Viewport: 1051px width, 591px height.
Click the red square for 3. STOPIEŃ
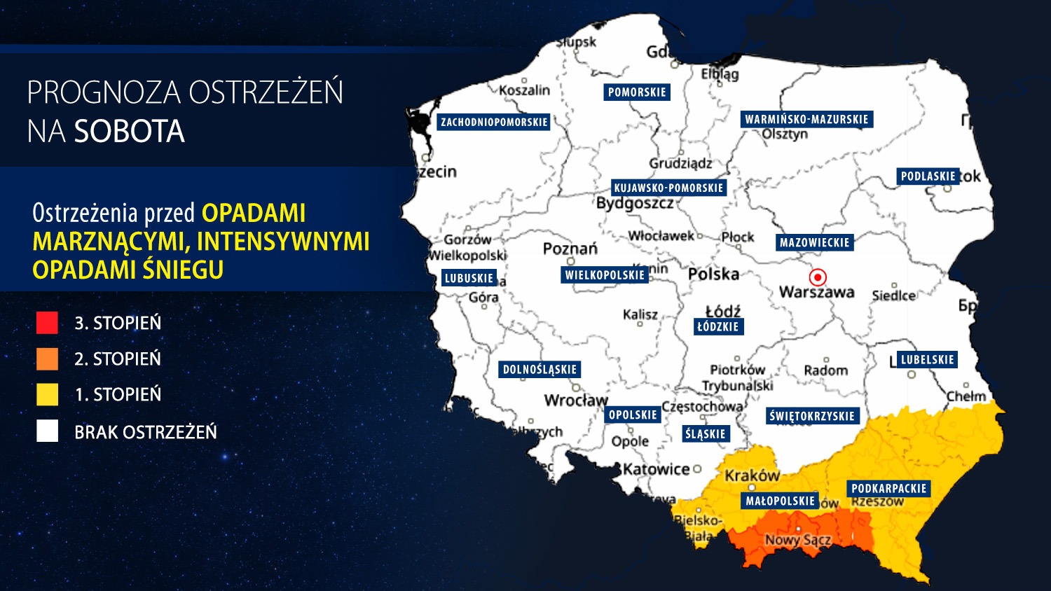tap(47, 322)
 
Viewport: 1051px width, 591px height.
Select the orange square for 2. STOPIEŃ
tap(47, 359)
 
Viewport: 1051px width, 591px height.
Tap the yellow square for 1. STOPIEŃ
tap(47, 394)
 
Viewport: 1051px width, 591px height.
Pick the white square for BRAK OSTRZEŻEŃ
tap(47, 431)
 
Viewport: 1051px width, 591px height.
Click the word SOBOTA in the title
tap(130, 132)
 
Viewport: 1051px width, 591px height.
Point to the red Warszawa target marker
tap(817, 277)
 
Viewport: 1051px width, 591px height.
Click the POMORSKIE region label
tap(637, 92)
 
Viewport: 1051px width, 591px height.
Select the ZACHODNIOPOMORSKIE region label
tap(494, 123)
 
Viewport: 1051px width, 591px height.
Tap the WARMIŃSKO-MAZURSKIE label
tap(806, 120)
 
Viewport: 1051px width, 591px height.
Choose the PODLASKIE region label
tap(928, 176)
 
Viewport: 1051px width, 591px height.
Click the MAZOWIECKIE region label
tap(814, 243)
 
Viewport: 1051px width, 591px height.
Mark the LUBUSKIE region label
tap(469, 278)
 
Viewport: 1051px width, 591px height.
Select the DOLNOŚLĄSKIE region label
tap(540, 370)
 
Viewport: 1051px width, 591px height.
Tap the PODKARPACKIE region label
tap(888, 489)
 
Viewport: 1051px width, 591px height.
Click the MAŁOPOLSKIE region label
tap(780, 501)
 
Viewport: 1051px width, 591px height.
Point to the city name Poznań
tap(570, 249)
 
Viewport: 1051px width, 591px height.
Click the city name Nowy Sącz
tap(797, 540)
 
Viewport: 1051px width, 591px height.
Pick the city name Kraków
tap(752, 476)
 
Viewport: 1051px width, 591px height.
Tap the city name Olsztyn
tap(785, 134)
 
